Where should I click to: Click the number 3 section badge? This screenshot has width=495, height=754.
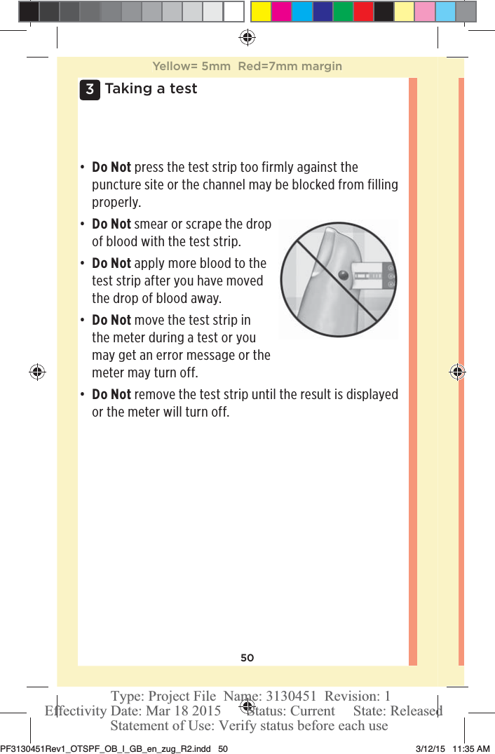pyautogui.click(x=90, y=90)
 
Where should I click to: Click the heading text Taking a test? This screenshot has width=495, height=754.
pyautogui.click(x=151, y=89)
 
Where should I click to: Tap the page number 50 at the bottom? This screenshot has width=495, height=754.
pyautogui.click(x=247, y=658)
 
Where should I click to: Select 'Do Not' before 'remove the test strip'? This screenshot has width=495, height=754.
pyautogui.click(x=111, y=394)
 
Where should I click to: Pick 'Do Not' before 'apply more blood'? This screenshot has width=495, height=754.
pyautogui.click(x=111, y=264)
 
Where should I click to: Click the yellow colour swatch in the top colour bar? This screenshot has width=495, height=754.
pyautogui.click(x=261, y=12)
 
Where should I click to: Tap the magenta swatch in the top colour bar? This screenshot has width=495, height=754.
pyautogui.click(x=282, y=12)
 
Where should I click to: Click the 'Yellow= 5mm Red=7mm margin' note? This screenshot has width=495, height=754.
pyautogui.click(x=247, y=67)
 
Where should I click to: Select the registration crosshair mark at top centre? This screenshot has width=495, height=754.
pyautogui.click(x=247, y=36)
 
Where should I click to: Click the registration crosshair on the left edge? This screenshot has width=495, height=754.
pyautogui.click(x=37, y=372)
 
